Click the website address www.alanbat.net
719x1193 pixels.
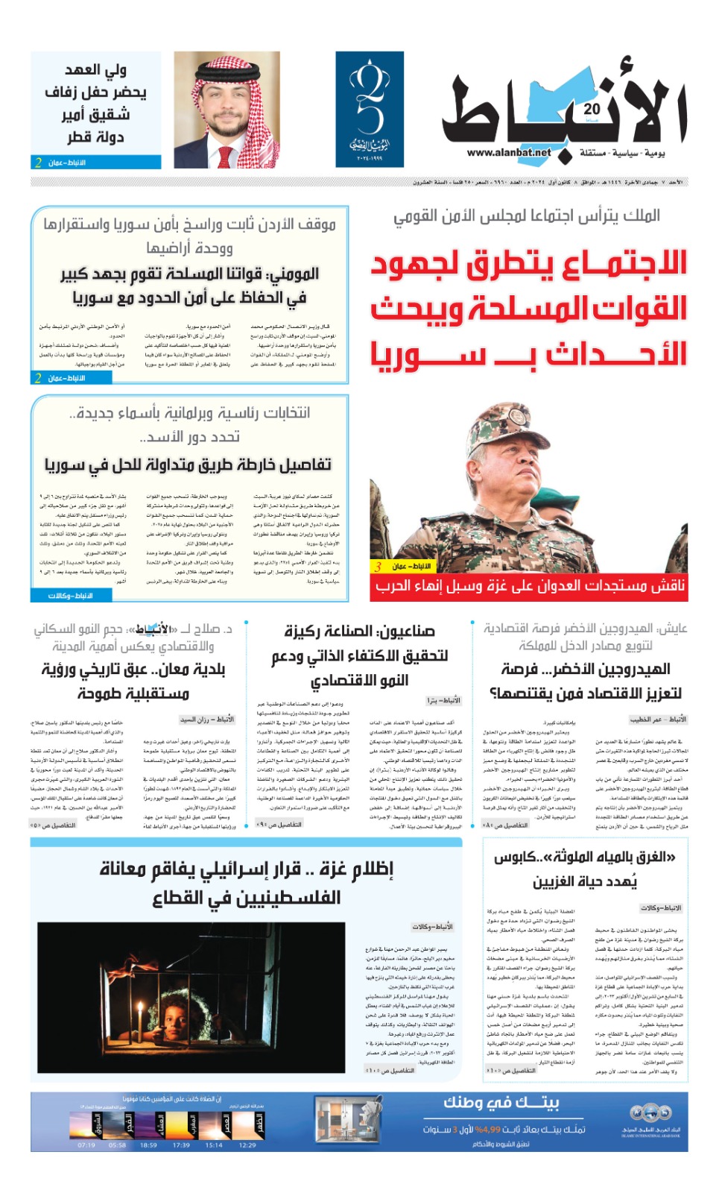click(x=509, y=153)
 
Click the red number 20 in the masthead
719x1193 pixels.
click(x=592, y=110)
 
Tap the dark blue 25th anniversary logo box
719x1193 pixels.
click(x=370, y=109)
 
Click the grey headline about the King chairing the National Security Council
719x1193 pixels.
click(x=527, y=216)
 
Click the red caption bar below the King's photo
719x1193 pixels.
click(x=529, y=586)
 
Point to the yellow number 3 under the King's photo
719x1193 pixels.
click(x=378, y=567)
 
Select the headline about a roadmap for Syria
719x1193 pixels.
click(x=188, y=465)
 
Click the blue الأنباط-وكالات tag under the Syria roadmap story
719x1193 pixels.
click(x=71, y=595)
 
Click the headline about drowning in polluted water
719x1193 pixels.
click(x=585, y=869)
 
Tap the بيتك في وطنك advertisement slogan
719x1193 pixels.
click(x=501, y=1103)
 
